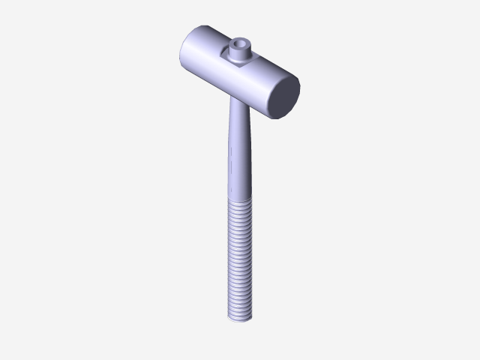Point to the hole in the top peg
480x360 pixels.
[240, 43]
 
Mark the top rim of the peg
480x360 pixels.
[240, 39]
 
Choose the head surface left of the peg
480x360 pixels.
[210, 52]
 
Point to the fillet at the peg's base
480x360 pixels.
[240, 58]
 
